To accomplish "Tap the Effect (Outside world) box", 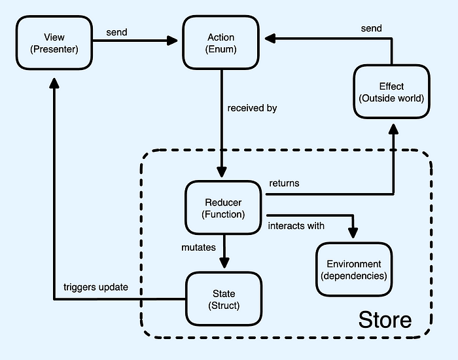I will tap(391, 92).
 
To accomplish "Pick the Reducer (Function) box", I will tap(224, 208).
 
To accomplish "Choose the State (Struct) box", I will tap(224, 299).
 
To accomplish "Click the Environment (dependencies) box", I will tap(354, 269).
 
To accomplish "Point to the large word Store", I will tap(385, 319).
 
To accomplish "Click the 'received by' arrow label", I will tap(253, 108).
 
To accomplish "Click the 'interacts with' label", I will tap(296, 226).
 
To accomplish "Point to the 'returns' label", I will tap(284, 183).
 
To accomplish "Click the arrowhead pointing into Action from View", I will tap(173, 41).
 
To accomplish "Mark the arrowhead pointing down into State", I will tap(224, 263).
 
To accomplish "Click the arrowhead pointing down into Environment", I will tap(354, 234).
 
